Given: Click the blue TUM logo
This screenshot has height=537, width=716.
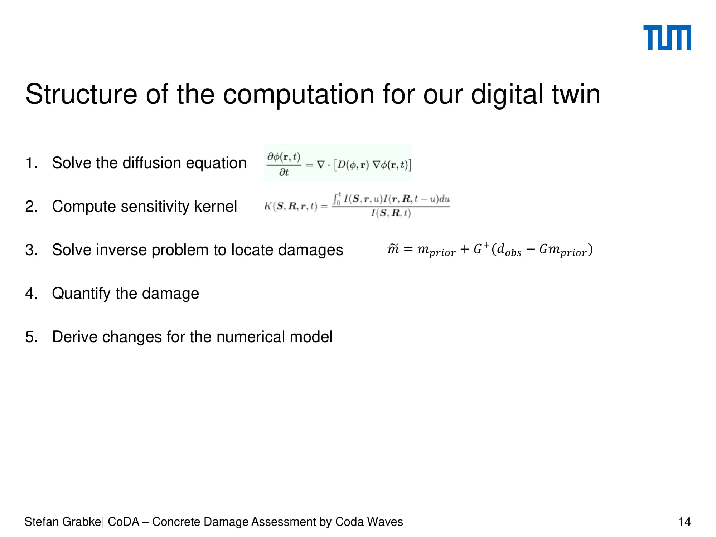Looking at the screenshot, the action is [x=667, y=38].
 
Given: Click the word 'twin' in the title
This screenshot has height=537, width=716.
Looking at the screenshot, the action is [x=576, y=94].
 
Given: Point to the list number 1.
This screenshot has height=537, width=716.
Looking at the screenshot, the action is [x=31, y=163].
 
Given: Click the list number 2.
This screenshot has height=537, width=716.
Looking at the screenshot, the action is [x=31, y=207].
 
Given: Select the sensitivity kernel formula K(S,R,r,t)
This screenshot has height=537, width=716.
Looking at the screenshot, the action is [x=357, y=205].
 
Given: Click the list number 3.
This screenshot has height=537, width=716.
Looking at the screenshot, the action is [x=31, y=250].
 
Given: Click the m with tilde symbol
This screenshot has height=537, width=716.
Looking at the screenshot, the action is [x=393, y=248].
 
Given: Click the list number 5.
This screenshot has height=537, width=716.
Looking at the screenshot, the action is [x=31, y=337].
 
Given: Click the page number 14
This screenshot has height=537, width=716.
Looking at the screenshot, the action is [x=684, y=522].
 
